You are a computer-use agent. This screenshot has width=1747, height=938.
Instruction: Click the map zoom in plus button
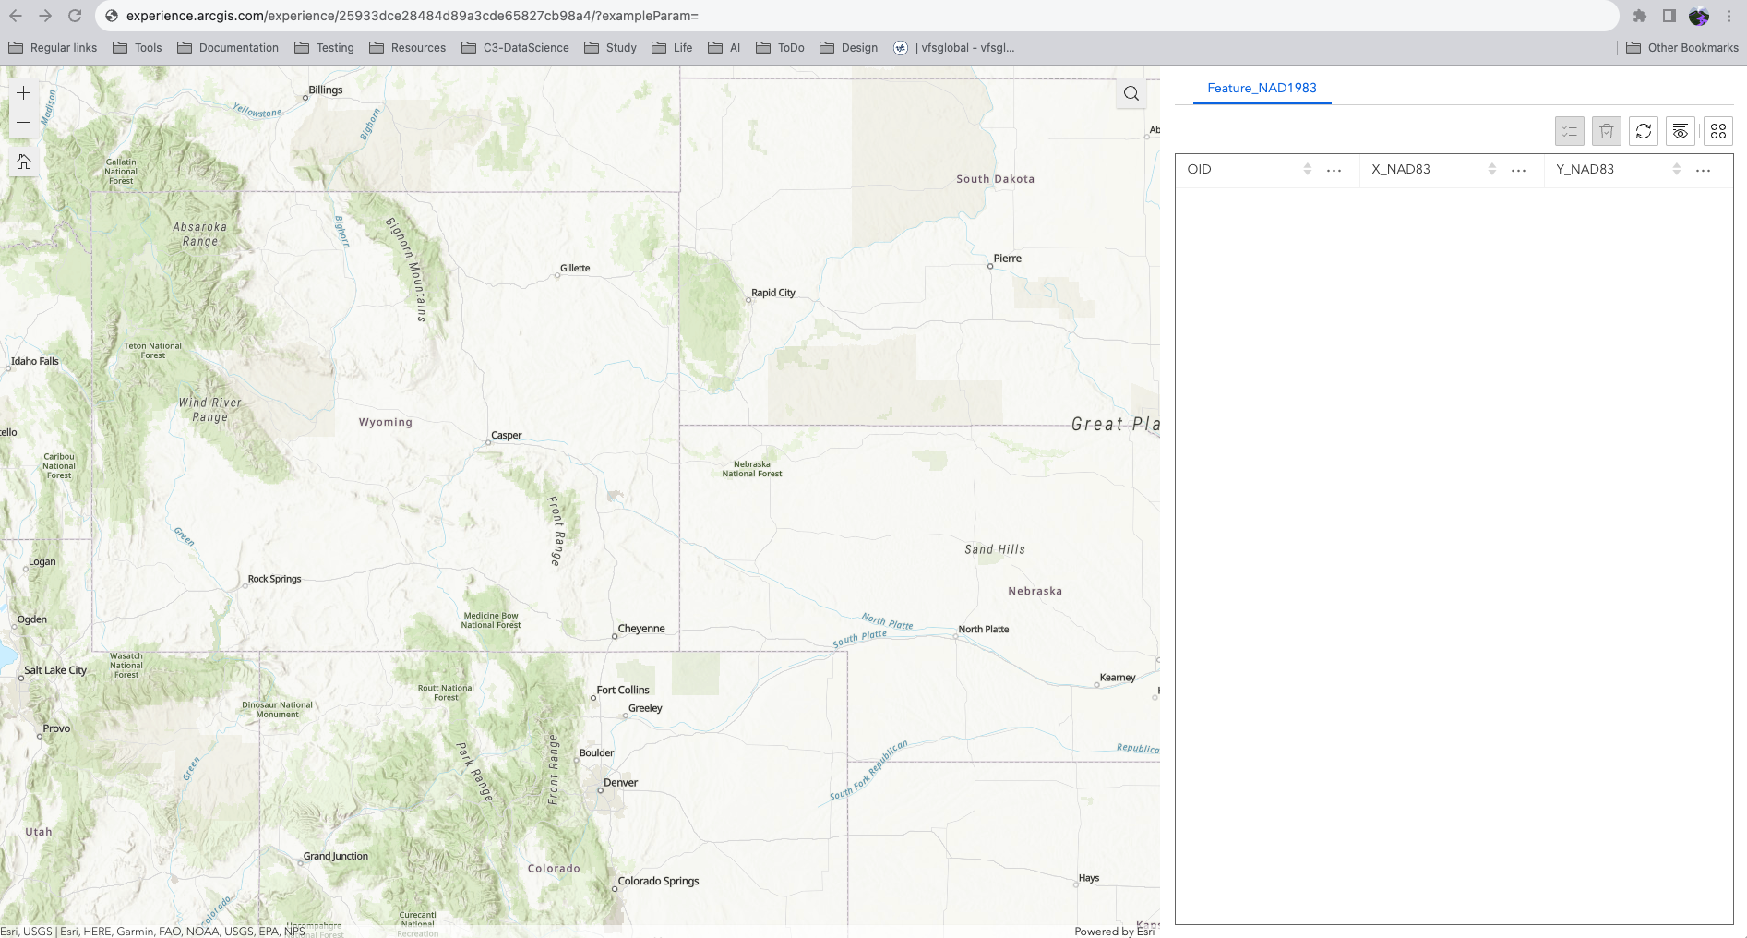tap(24, 93)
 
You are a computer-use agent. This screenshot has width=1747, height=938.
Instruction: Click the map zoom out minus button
tap(24, 123)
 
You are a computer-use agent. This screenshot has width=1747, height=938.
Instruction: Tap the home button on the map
tap(24, 162)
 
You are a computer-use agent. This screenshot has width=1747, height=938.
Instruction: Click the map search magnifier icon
tap(1131, 93)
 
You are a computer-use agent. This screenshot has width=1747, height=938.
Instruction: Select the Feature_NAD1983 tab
tap(1262, 88)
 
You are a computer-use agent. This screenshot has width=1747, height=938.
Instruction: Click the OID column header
tap(1200, 169)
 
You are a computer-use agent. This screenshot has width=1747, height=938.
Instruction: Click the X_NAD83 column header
tap(1401, 169)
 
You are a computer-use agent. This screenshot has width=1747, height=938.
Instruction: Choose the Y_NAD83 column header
tap(1585, 169)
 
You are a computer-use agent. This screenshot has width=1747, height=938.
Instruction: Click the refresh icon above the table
tap(1644, 131)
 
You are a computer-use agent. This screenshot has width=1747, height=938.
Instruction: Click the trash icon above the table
tap(1607, 131)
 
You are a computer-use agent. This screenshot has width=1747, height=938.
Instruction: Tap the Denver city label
tap(620, 782)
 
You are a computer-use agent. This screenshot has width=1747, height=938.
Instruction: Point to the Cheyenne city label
tap(641, 629)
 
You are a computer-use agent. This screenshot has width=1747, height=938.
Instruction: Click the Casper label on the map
tap(507, 435)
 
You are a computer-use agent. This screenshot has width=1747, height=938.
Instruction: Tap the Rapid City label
tap(773, 293)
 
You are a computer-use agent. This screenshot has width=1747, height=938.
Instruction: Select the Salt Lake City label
tap(55, 670)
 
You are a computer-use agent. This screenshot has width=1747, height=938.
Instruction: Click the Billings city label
tap(326, 90)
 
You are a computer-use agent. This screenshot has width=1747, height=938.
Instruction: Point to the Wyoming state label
tap(386, 422)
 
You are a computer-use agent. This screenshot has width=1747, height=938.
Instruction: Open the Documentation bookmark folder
tap(228, 48)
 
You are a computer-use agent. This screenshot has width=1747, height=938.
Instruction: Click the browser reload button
tap(75, 16)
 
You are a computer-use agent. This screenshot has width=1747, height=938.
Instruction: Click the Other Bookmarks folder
tap(1682, 48)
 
